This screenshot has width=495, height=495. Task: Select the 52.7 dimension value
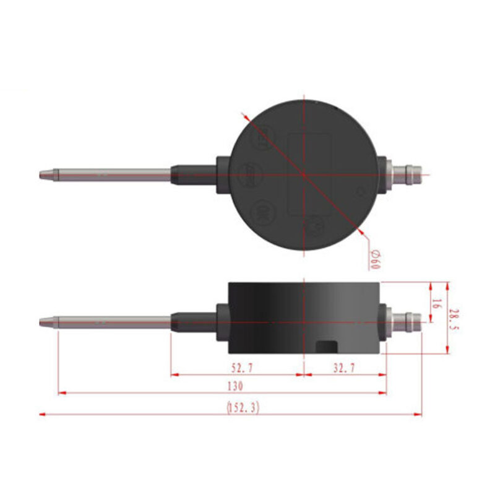242,368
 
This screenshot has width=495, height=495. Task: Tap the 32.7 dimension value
344,368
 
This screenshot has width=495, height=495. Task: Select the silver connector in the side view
405,321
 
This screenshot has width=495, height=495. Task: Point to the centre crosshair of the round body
304,174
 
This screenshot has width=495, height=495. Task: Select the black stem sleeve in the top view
194,174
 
